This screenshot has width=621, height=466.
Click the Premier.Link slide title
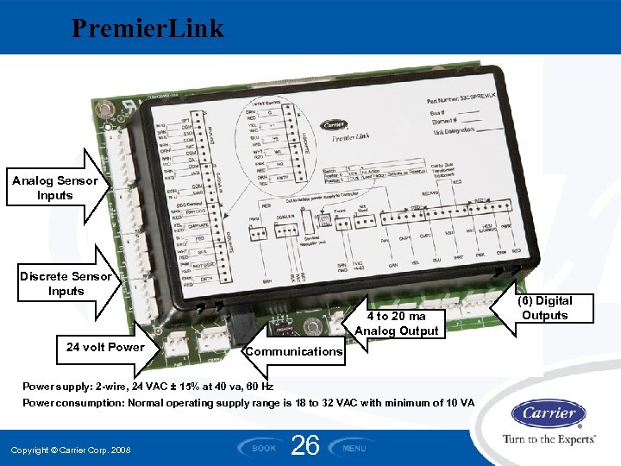(x=147, y=28)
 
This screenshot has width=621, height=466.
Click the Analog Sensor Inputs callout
(x=55, y=188)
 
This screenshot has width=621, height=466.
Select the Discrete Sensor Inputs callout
(x=66, y=284)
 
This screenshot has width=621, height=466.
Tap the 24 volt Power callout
(x=105, y=348)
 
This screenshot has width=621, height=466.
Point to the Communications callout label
(x=293, y=351)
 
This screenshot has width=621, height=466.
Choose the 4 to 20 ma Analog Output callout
(x=396, y=324)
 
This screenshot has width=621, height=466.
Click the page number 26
(x=306, y=445)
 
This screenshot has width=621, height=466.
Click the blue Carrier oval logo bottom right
(x=549, y=413)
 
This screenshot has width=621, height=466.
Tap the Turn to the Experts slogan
(x=549, y=439)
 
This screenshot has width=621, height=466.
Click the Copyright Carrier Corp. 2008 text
(x=71, y=450)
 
